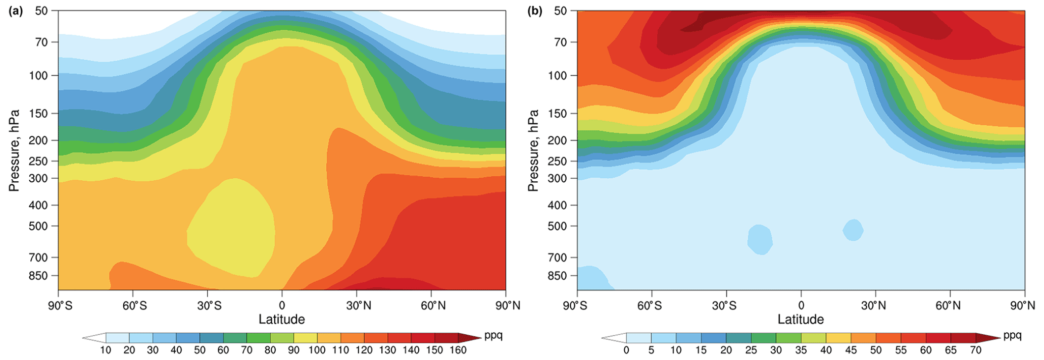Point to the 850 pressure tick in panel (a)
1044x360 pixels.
click(44, 276)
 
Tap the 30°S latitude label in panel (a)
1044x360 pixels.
click(209, 305)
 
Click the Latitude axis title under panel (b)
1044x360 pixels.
click(801, 319)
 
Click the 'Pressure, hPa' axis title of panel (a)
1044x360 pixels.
click(14, 150)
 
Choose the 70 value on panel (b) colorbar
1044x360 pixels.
click(975, 350)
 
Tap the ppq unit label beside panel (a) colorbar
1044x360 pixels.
click(493, 336)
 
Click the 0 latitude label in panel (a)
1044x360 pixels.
click(282, 305)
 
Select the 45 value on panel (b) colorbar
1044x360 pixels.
click(851, 350)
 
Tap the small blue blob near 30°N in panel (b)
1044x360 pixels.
click(853, 230)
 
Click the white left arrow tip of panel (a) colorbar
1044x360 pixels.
click(91, 338)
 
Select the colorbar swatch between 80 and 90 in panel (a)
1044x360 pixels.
click(282, 338)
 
